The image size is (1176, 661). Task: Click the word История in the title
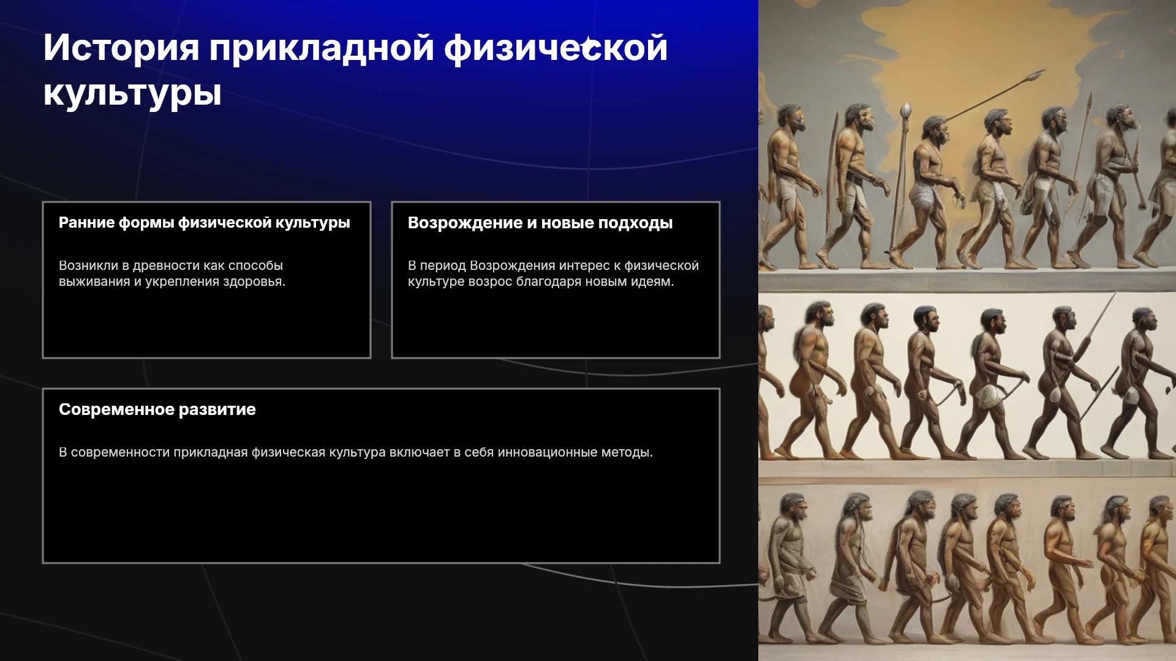tap(121, 47)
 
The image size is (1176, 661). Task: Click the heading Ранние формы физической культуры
tap(205, 223)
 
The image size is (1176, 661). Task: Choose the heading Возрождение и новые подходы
tap(540, 223)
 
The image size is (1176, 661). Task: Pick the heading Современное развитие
tap(157, 409)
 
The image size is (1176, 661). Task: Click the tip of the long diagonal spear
tap(1042, 72)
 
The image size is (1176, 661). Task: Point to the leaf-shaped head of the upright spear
tap(906, 111)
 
